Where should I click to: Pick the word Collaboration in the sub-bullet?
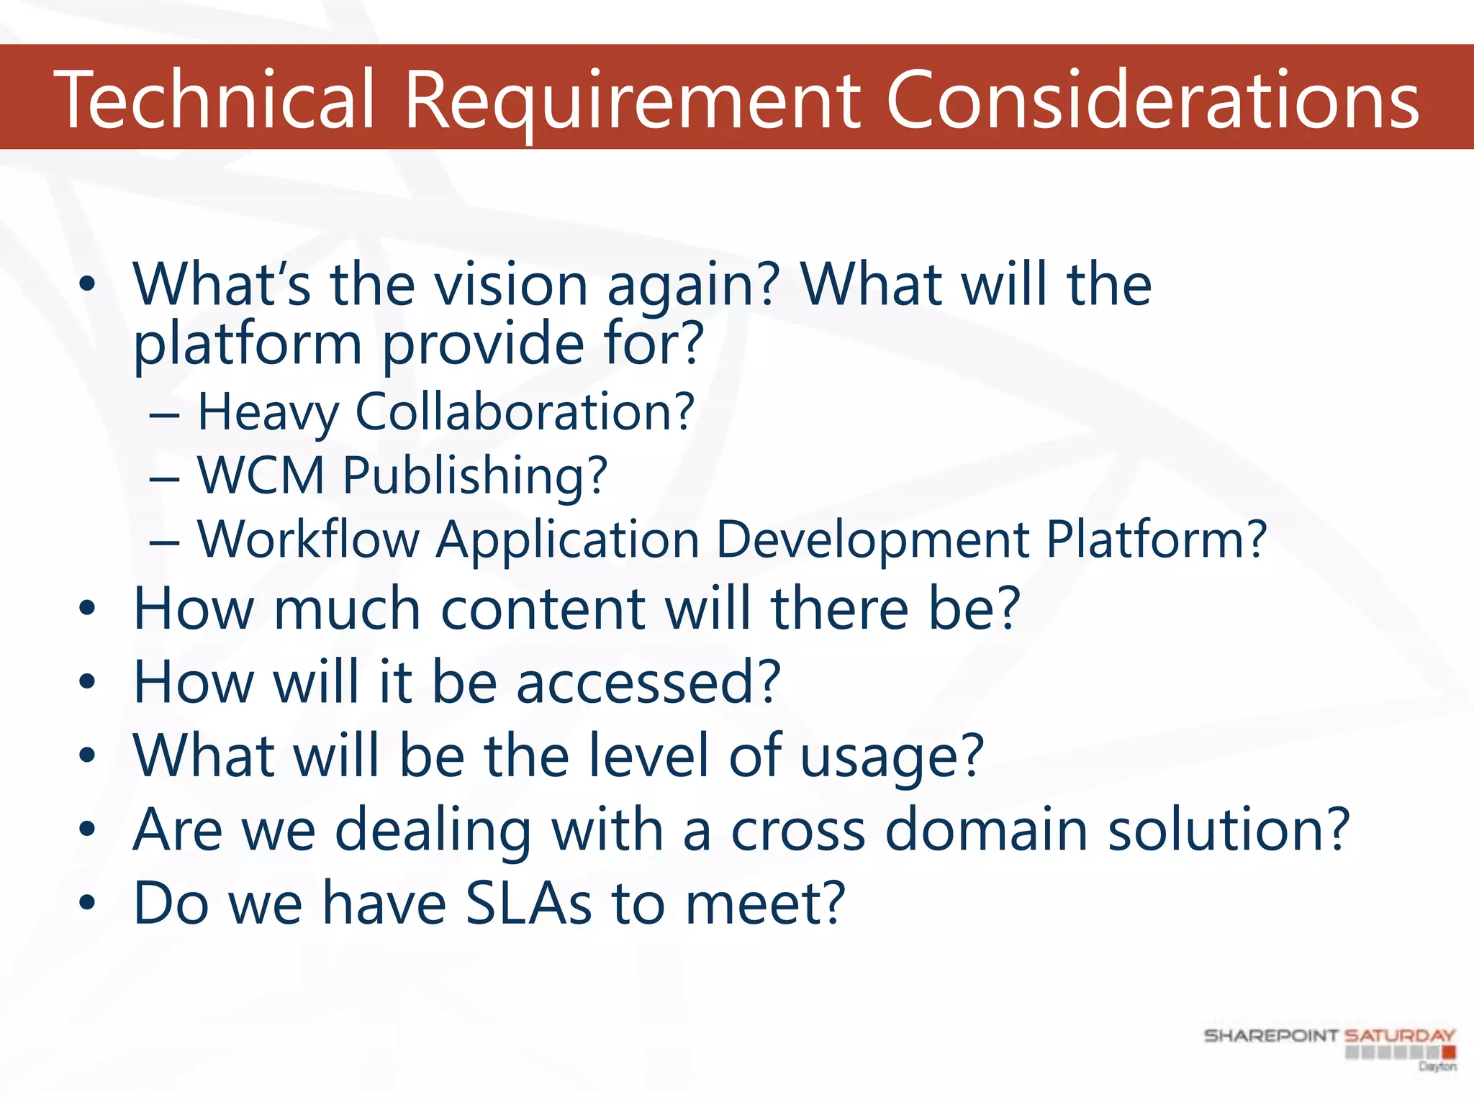point(525,412)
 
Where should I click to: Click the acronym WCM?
point(261,476)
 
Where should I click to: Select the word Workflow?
point(309,540)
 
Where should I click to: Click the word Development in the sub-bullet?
point(873,540)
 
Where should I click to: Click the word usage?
point(892,758)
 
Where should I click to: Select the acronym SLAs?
point(529,904)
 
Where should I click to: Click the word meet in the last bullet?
point(764,904)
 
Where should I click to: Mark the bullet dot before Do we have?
point(87,902)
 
